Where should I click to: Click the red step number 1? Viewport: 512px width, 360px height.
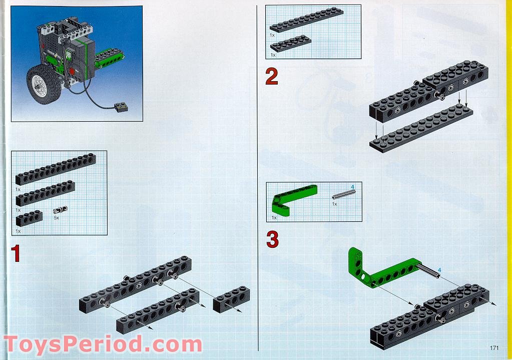[x=16, y=253]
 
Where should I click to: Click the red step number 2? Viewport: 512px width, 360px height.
[x=272, y=77]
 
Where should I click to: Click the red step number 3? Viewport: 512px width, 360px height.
[x=273, y=240]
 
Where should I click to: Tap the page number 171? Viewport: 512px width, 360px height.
[x=494, y=348]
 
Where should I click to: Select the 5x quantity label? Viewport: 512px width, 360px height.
[x=56, y=217]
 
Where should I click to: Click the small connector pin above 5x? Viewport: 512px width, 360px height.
[x=61, y=209]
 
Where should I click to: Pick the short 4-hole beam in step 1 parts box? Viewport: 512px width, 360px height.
[x=29, y=218]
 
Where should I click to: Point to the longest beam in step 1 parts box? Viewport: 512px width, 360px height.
[x=56, y=169]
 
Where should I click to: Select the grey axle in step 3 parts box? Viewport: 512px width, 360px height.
[x=344, y=194]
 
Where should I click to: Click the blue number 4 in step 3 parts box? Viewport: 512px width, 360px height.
[x=352, y=187]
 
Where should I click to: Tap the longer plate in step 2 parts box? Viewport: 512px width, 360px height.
[x=307, y=20]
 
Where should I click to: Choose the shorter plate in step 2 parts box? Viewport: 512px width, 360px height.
[x=291, y=44]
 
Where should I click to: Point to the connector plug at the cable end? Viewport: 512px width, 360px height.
[x=121, y=107]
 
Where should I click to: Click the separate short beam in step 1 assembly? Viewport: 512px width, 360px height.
[x=232, y=299]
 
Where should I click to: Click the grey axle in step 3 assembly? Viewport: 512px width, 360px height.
[x=428, y=271]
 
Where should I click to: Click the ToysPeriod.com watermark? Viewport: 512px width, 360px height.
[x=103, y=344]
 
